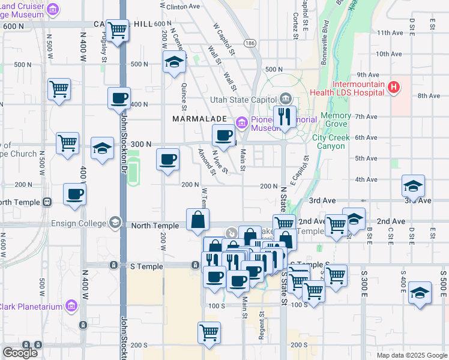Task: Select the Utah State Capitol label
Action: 243,100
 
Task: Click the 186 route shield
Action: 249,43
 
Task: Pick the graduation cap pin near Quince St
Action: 174,62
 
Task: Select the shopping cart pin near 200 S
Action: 209,333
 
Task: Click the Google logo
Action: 20,353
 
